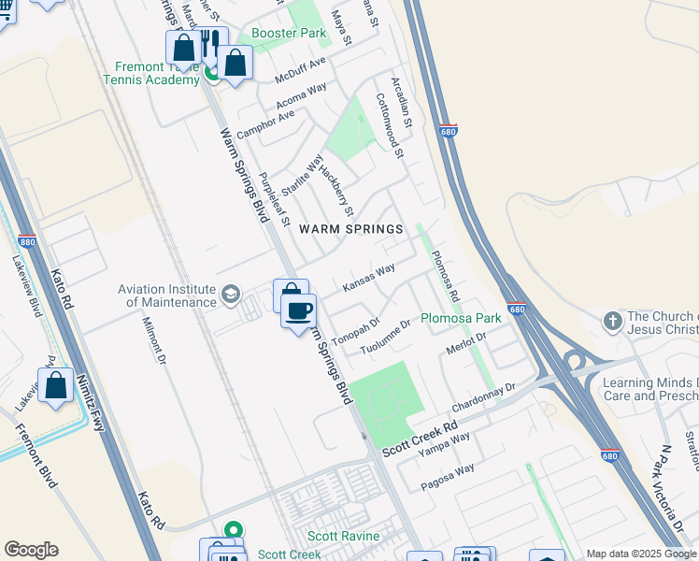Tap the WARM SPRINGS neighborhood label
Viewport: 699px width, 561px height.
pyautogui.click(x=350, y=229)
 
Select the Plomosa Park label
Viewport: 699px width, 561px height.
pyautogui.click(x=461, y=318)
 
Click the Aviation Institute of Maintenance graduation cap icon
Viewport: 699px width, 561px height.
pyautogui.click(x=230, y=296)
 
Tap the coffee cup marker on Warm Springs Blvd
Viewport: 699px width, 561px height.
pyautogui.click(x=299, y=311)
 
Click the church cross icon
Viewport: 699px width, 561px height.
pyautogui.click(x=613, y=321)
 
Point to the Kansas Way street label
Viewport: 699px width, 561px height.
pyautogui.click(x=369, y=278)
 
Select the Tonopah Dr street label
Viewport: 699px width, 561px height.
pyautogui.click(x=355, y=334)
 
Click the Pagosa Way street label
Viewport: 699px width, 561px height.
pyautogui.click(x=448, y=477)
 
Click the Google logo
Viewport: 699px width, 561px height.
pyautogui.click(x=31, y=550)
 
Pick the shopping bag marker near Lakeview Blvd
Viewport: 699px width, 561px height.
pyautogui.click(x=56, y=385)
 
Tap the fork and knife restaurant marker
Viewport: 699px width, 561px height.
pyautogui.click(x=209, y=43)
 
